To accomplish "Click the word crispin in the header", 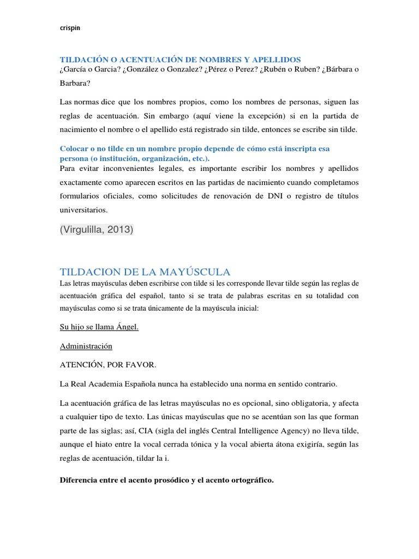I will pyautogui.click(x=69, y=29).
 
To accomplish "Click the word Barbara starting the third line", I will pyautogui.click(x=74, y=84).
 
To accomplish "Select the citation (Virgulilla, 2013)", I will pyautogui.click(x=96, y=230).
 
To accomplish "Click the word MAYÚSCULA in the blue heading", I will pyautogui.click(x=193, y=271).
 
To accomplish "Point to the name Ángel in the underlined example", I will pyautogui.click(x=125, y=328).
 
